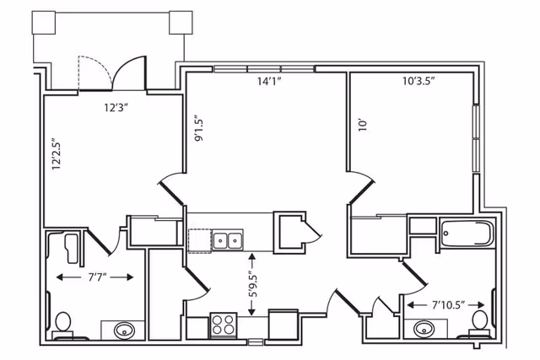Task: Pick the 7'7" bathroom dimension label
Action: tap(94, 276)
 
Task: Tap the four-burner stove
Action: tap(224, 325)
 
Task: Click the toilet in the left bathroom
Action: tap(62, 323)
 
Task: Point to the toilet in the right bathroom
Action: tap(480, 320)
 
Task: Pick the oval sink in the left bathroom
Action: tap(123, 329)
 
